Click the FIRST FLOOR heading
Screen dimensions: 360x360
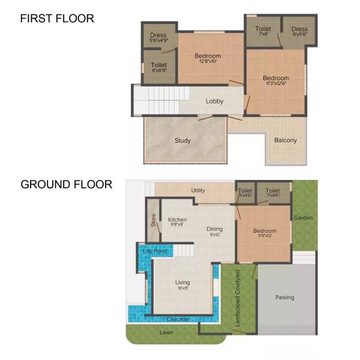click(x=57, y=19)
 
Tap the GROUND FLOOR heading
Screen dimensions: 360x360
click(x=67, y=184)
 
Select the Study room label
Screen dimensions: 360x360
click(x=183, y=141)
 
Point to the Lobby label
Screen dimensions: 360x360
click(x=214, y=101)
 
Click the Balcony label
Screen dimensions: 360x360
click(x=286, y=141)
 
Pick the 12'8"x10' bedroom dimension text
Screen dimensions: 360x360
click(x=208, y=62)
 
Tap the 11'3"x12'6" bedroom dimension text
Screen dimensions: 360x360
click(x=276, y=84)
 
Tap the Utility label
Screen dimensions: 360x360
click(x=198, y=191)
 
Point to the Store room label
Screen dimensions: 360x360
click(x=154, y=220)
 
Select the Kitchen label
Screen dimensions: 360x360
click(x=177, y=220)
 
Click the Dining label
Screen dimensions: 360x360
click(x=215, y=229)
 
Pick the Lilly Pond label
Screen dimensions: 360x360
click(x=154, y=251)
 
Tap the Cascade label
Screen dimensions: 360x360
click(x=178, y=319)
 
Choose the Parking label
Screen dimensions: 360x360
click(x=284, y=298)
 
